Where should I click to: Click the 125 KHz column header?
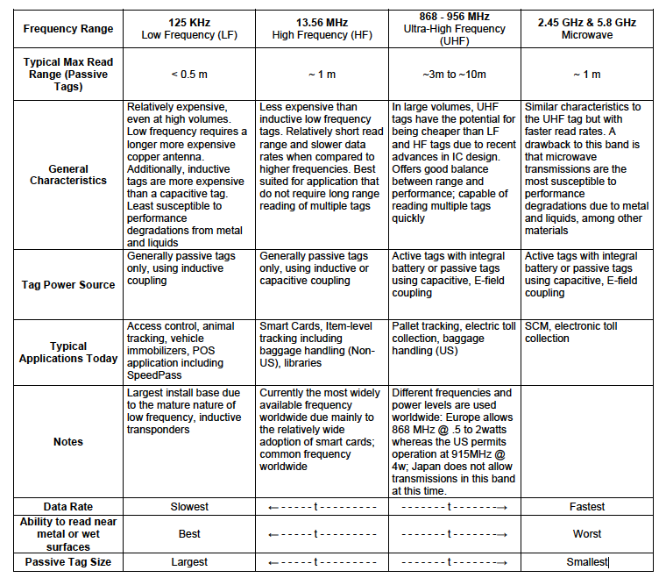point(189,27)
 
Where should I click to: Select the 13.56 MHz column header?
point(322,27)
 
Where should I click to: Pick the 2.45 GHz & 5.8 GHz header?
point(587,27)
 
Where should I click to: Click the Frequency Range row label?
point(68,28)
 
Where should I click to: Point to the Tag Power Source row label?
point(68,284)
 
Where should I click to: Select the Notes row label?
point(68,442)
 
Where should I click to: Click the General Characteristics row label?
point(68,175)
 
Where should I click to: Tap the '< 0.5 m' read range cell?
point(189,75)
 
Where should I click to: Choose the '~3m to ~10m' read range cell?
point(455,75)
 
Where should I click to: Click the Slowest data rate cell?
point(189,506)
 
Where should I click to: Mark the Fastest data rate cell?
point(587,506)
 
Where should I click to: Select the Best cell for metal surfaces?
point(189,533)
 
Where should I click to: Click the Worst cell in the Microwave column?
point(587,533)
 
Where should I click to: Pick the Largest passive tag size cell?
point(189,561)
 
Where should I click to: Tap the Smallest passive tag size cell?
point(587,561)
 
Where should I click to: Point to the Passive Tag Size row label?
point(68,561)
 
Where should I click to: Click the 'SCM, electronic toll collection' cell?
point(569,332)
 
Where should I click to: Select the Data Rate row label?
point(68,506)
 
